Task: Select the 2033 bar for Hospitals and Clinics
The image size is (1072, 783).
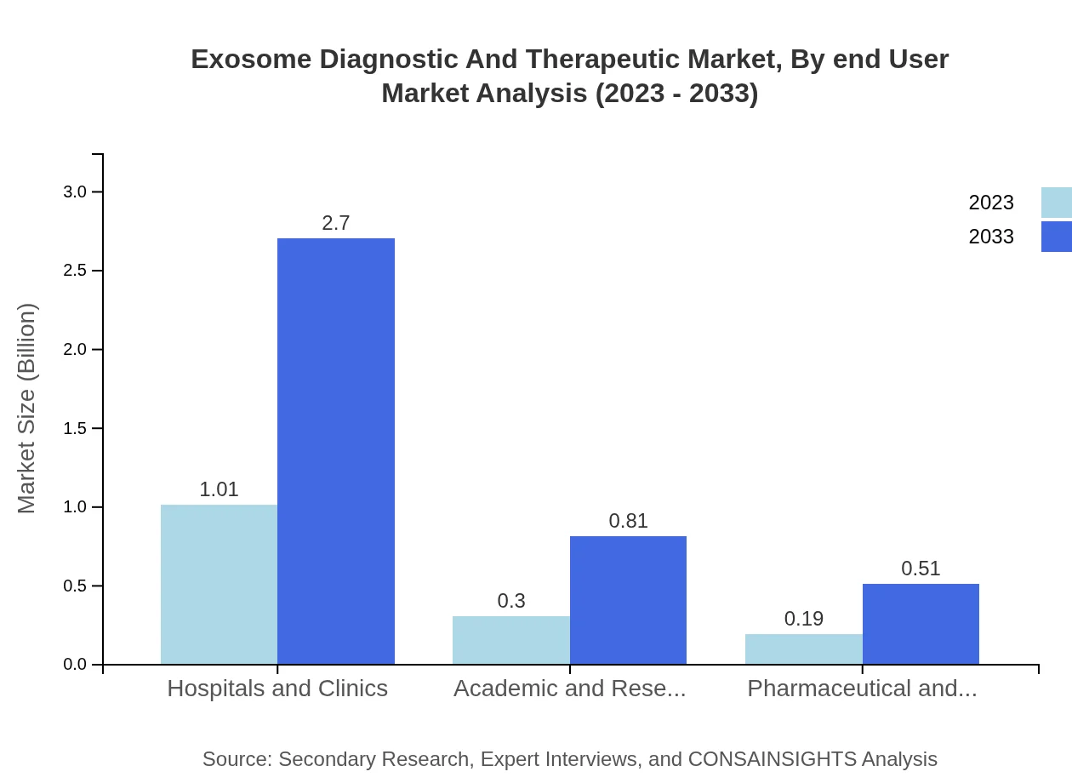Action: pyautogui.click(x=336, y=451)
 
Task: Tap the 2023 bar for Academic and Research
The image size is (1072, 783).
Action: pyautogui.click(x=510, y=640)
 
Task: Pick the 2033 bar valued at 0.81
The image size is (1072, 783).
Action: pyautogui.click(x=628, y=600)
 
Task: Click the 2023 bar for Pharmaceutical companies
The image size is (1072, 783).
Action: pyautogui.click(x=803, y=649)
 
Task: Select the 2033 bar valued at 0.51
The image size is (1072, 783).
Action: pyautogui.click(x=921, y=624)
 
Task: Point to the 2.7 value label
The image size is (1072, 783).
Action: pyautogui.click(x=336, y=223)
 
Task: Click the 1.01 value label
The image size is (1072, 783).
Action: pyautogui.click(x=219, y=489)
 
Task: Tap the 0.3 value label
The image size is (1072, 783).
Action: pyautogui.click(x=511, y=601)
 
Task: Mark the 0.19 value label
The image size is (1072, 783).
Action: pyautogui.click(x=803, y=619)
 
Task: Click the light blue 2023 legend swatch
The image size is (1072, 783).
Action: pyautogui.click(x=1056, y=203)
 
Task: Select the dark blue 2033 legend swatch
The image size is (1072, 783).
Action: pyautogui.click(x=1056, y=237)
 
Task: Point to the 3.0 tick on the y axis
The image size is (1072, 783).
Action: pyautogui.click(x=75, y=192)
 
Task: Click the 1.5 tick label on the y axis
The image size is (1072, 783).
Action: pyautogui.click(x=75, y=429)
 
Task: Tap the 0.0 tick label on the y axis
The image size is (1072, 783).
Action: pyautogui.click(x=75, y=665)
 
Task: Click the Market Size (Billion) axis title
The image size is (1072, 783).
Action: pyautogui.click(x=27, y=409)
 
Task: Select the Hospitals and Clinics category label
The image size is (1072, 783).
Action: pyautogui.click(x=277, y=689)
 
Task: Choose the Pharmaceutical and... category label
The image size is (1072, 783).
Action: pyautogui.click(x=862, y=689)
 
